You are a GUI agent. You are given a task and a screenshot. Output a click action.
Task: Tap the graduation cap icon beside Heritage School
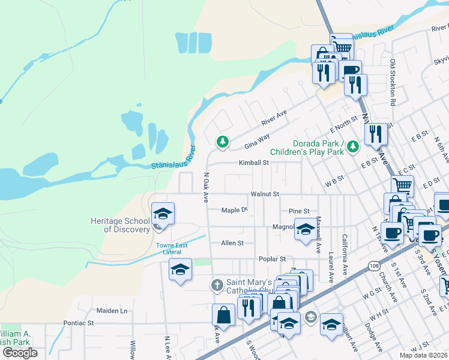point(163,213)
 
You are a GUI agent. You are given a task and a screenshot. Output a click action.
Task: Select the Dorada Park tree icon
point(353,145)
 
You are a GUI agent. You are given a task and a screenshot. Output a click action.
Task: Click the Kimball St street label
point(253,163)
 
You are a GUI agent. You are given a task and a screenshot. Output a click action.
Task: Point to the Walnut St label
point(265,194)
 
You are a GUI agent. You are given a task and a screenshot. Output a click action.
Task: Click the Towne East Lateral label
point(172,248)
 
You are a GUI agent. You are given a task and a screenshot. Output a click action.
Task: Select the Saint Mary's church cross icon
point(219,284)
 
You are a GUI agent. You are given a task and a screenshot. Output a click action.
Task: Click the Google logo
point(20,352)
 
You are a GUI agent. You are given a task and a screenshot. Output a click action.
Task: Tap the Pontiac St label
point(79,323)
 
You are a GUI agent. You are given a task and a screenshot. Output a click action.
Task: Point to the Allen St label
point(232,243)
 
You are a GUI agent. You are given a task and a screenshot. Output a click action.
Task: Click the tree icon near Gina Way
point(223,142)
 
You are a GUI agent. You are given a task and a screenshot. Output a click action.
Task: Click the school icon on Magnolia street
point(305,229)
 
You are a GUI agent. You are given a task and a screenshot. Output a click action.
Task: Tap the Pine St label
point(298,211)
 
